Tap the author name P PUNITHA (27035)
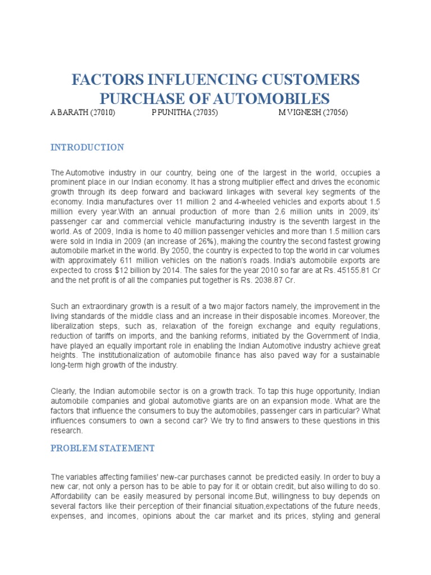[185, 113]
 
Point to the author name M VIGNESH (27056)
[313, 113]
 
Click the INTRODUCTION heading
[87, 148]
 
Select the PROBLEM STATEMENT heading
[102, 448]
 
